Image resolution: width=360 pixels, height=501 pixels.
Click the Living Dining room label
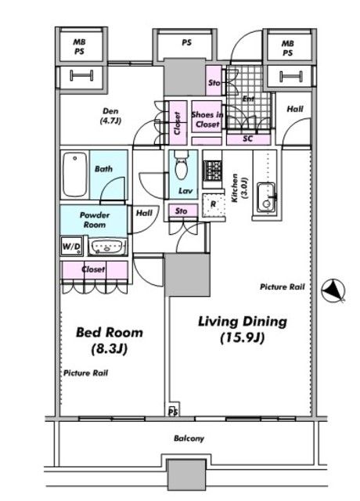(x=243, y=330)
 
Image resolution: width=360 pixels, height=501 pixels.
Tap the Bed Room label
(x=110, y=341)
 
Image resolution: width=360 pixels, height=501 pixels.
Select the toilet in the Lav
(x=182, y=164)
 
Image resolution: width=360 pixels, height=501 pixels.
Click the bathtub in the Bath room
(x=75, y=175)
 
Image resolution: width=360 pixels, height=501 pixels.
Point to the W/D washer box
(x=72, y=246)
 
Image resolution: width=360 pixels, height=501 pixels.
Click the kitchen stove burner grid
(x=212, y=170)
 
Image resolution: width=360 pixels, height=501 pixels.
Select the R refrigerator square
(x=214, y=205)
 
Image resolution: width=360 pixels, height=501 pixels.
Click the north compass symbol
(x=333, y=291)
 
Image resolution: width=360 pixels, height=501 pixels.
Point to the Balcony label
(x=189, y=438)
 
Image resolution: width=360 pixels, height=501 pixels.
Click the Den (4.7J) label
(x=110, y=116)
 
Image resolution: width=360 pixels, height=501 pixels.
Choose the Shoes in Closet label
(x=207, y=119)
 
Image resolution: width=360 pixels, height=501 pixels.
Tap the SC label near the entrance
(x=247, y=139)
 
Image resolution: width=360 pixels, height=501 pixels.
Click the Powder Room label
(x=95, y=220)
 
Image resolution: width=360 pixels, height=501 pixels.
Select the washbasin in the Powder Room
(x=107, y=247)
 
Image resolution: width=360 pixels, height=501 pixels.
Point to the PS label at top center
(x=186, y=42)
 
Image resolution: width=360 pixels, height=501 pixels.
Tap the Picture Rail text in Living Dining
(x=283, y=287)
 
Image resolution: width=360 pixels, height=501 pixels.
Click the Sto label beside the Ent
(x=214, y=83)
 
